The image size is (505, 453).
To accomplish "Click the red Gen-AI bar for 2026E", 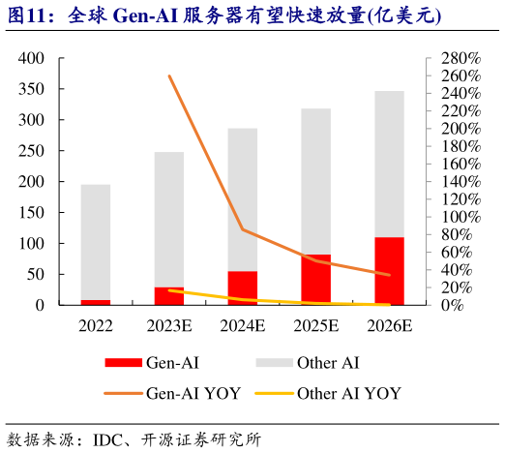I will click(x=389, y=271).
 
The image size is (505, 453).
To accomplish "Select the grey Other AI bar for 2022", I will click(x=95, y=242).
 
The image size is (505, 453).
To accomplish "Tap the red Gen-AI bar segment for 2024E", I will click(x=242, y=287).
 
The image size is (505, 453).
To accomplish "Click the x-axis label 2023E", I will click(x=168, y=325).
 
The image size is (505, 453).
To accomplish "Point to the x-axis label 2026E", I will click(x=389, y=325).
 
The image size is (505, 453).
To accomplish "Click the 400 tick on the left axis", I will click(x=32, y=58).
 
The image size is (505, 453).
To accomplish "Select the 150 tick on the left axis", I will click(x=32, y=212).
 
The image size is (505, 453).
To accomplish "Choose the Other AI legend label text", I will click(x=329, y=363).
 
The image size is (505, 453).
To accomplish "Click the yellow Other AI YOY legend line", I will click(x=272, y=394).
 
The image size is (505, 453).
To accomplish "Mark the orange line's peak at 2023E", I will click(x=169, y=75).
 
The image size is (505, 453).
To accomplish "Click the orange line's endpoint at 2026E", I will click(x=389, y=275).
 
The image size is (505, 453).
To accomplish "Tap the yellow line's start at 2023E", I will click(x=169, y=290).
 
